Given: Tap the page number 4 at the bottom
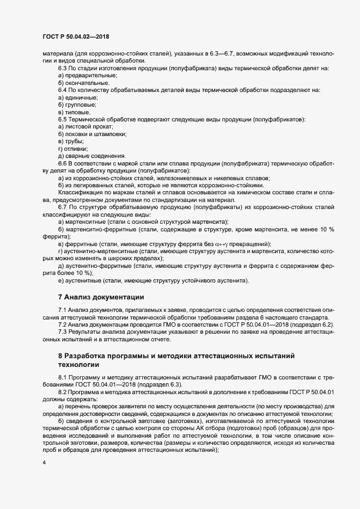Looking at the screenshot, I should (x=44, y=463).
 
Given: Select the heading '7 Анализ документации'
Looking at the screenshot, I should (x=101, y=297).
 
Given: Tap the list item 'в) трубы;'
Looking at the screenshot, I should (x=71, y=141).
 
